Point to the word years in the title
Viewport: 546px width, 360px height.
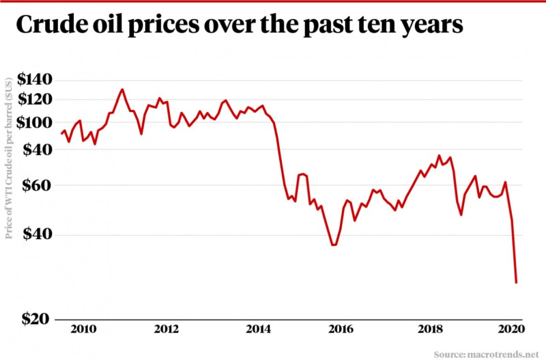(x=429, y=27)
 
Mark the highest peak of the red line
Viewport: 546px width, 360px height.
(x=122, y=89)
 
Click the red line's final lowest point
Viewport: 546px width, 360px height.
(x=517, y=282)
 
